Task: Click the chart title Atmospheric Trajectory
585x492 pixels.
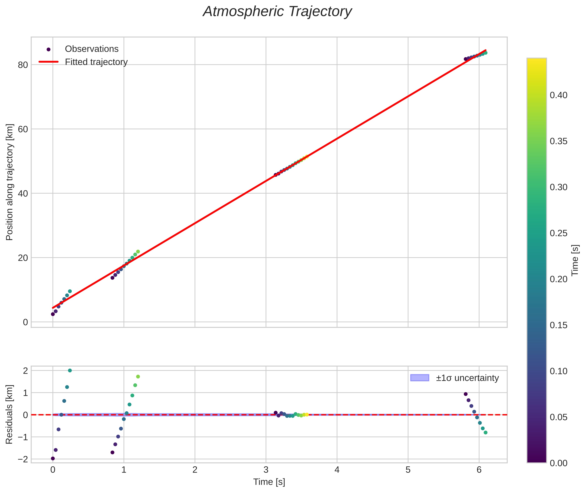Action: (x=277, y=12)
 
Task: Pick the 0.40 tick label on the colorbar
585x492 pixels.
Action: (x=558, y=95)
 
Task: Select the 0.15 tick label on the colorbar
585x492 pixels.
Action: (x=558, y=325)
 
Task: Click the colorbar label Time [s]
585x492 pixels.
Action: (x=575, y=260)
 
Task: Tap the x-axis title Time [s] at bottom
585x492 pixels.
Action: (x=269, y=482)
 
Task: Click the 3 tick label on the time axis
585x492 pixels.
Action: (x=266, y=470)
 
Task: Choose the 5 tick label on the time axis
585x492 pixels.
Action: (x=408, y=470)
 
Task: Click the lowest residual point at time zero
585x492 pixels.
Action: (x=53, y=458)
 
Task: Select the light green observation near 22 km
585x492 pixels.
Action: (x=138, y=251)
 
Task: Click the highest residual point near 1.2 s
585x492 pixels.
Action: (x=138, y=377)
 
